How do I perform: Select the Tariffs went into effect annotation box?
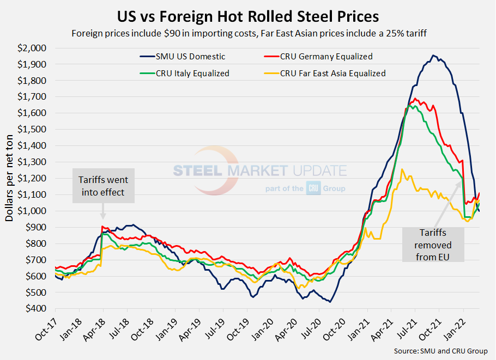104,186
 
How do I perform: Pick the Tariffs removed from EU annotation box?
433,245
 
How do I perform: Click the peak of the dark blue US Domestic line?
433,55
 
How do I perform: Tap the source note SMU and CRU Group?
440,351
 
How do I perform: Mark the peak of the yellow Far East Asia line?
402,169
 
